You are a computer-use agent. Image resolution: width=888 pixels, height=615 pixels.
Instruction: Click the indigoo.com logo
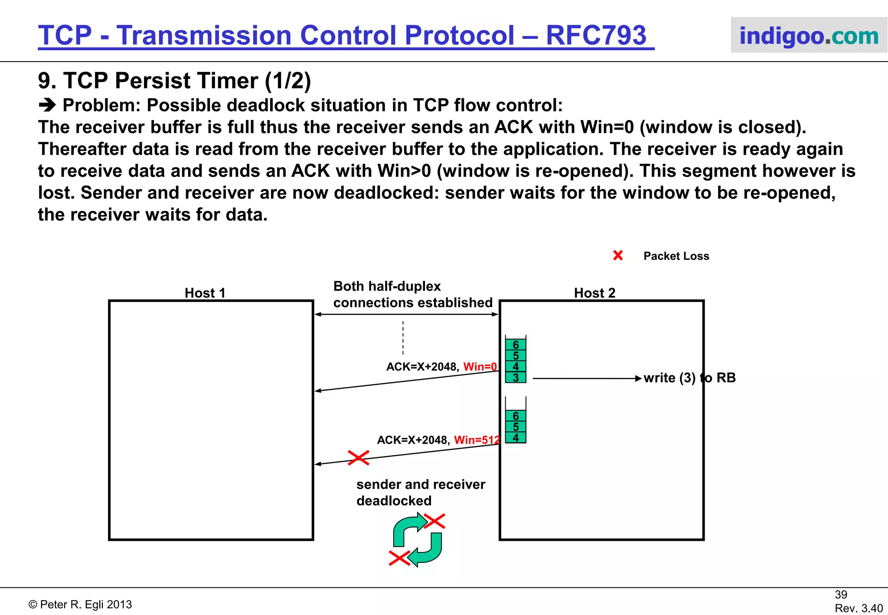point(809,36)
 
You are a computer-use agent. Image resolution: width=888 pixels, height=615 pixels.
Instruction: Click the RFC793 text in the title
point(596,36)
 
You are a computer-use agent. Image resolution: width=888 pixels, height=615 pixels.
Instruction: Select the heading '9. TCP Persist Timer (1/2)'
point(174,81)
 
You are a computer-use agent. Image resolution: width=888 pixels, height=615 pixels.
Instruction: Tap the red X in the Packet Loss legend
point(618,255)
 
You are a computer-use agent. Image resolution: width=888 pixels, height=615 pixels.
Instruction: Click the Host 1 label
point(205,293)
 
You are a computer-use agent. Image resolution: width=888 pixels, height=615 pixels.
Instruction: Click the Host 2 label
point(594,293)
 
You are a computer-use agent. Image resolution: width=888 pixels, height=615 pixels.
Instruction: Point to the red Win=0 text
point(480,367)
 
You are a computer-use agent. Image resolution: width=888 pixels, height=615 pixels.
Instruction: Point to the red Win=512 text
point(477,440)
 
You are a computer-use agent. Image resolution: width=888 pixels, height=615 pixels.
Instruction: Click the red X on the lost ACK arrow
point(359,458)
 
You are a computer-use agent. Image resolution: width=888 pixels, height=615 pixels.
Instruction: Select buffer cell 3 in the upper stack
point(516,378)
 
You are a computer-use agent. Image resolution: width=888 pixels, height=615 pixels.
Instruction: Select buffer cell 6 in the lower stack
point(516,416)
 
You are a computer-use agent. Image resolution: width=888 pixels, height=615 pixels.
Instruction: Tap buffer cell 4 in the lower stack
point(516,438)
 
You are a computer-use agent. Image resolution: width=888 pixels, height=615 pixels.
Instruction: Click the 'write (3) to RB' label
point(689,378)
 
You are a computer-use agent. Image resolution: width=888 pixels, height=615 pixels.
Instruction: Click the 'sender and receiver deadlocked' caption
point(420,492)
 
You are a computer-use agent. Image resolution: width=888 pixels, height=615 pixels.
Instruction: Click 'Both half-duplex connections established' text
point(412,294)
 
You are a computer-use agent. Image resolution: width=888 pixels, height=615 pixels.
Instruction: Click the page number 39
point(841,595)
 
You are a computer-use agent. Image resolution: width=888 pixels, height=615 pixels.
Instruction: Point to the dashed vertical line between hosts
point(403,338)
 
